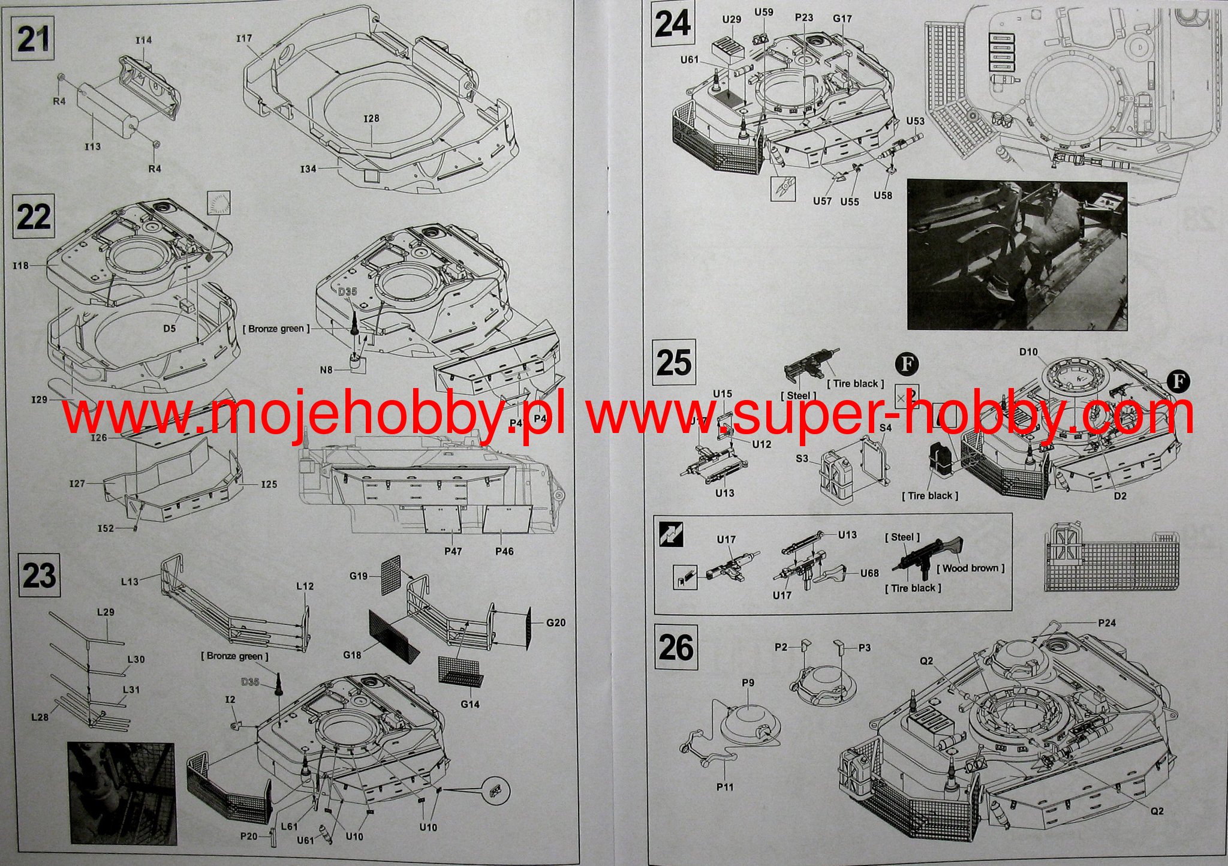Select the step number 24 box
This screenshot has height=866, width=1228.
[673, 26]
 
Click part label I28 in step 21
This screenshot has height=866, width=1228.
[371, 119]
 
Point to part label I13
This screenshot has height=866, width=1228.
[92, 146]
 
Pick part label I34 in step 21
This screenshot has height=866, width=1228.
[308, 169]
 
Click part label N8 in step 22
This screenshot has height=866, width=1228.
[326, 370]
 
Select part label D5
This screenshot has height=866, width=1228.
[170, 328]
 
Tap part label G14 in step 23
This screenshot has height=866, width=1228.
[470, 703]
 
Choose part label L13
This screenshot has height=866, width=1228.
[130, 581]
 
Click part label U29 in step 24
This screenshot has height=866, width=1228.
[732, 20]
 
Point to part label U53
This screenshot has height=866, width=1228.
[914, 121]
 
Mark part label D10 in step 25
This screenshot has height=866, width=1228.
[1028, 352]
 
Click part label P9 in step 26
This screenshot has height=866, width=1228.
[748, 682]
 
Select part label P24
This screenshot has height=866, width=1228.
[1107, 623]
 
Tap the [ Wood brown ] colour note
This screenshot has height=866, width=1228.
[970, 568]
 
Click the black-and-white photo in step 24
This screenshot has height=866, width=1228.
[1017, 255]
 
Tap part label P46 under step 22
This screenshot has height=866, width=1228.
[504, 551]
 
